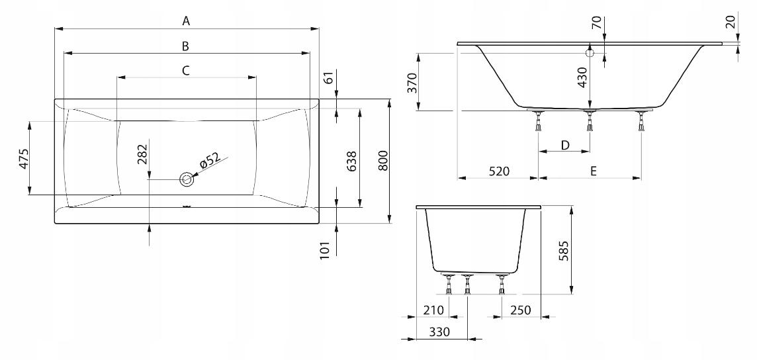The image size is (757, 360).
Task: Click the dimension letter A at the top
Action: [x=187, y=21]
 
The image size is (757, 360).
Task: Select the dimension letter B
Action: [x=185, y=46]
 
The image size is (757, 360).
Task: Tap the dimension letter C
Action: [x=186, y=70]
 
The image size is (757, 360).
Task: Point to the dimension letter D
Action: [x=564, y=145]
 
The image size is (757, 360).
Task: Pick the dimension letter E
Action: [x=594, y=171]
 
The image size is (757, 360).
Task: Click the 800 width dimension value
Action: [x=382, y=161]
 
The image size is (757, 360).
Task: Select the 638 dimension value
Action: [x=352, y=161]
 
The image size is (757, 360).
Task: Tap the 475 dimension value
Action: [x=24, y=158]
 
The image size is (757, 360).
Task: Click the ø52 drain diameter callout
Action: [x=209, y=159]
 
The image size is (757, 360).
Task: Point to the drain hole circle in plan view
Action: [x=187, y=179]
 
